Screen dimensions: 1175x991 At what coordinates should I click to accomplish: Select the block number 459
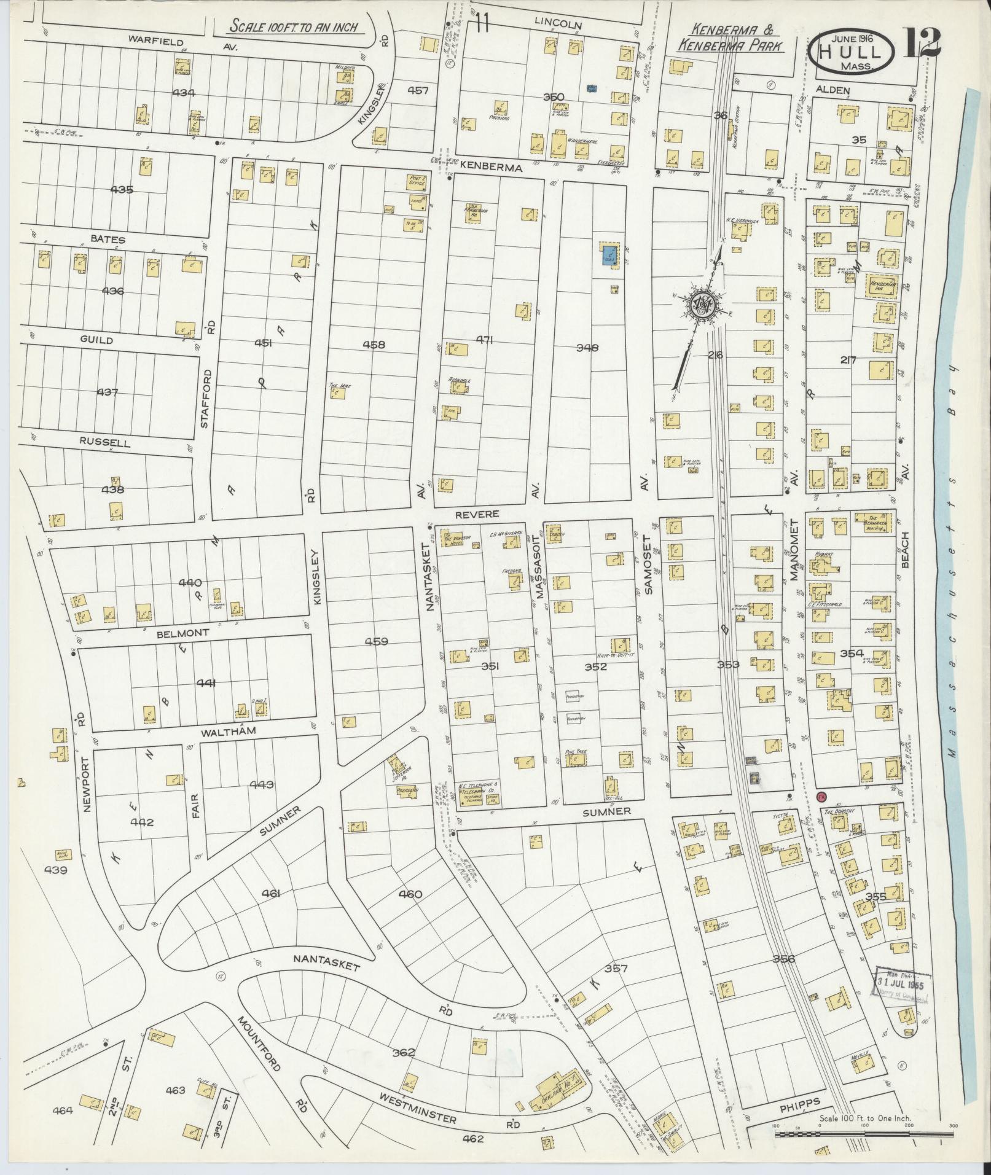(376, 642)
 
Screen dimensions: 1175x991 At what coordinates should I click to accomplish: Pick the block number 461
(270, 894)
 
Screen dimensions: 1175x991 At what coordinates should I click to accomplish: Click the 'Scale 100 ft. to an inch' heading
(294, 28)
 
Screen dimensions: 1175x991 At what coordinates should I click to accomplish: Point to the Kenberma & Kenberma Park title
(731, 37)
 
